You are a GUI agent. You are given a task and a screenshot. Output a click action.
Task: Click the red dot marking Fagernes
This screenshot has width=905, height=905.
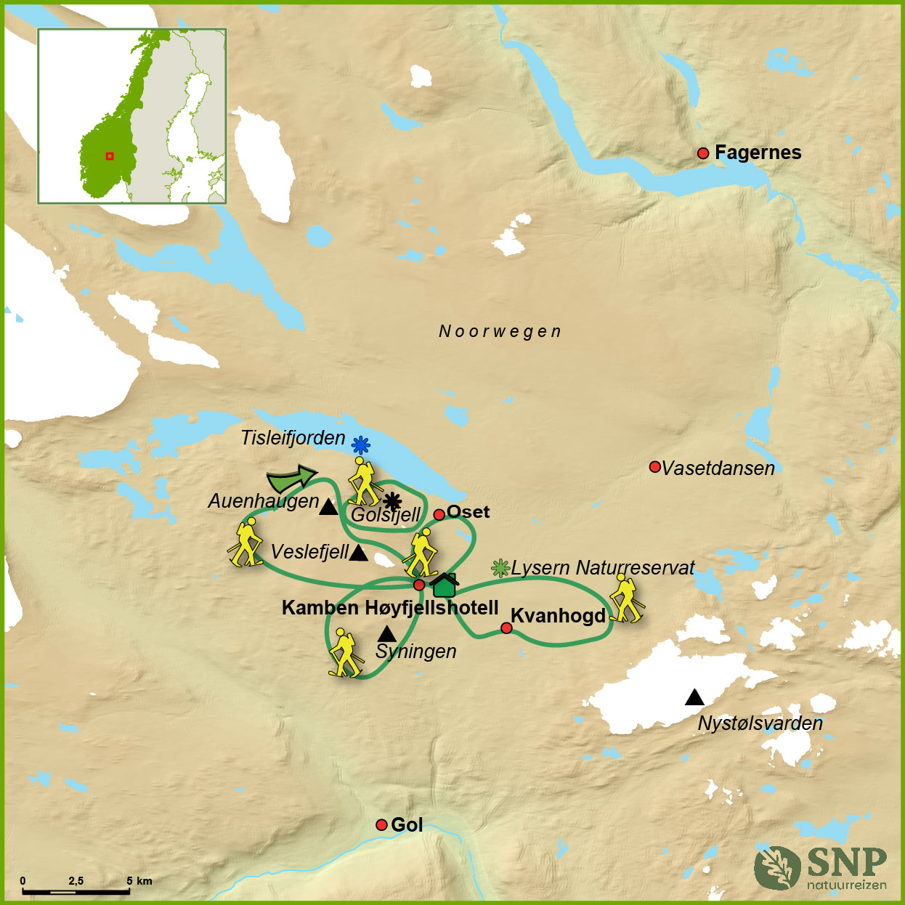pyautogui.click(x=702, y=153)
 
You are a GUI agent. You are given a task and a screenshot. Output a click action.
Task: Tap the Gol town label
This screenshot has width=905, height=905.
pyautogui.click(x=407, y=825)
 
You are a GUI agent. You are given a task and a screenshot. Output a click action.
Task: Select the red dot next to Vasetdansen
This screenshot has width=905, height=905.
pyautogui.click(x=654, y=467)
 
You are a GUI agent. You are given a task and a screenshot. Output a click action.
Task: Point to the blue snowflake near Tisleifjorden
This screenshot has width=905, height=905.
pyautogui.click(x=360, y=445)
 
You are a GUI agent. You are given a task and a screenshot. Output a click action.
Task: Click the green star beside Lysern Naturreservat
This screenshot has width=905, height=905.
pyautogui.click(x=500, y=568)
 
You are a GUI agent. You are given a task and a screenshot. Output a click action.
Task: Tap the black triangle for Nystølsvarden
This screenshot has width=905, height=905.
pyautogui.click(x=694, y=698)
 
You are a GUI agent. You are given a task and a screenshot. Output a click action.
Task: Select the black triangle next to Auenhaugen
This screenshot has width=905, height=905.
pyautogui.click(x=328, y=507)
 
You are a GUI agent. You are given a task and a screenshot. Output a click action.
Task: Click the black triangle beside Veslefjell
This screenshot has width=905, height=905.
pyautogui.click(x=358, y=553)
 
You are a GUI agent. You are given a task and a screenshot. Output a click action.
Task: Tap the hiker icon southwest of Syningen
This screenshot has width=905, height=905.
pyautogui.click(x=344, y=653)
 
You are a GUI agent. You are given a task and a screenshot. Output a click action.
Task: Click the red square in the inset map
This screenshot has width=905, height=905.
pyautogui.click(x=110, y=155)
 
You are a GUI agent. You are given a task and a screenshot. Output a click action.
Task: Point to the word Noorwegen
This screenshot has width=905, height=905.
pyautogui.click(x=500, y=332)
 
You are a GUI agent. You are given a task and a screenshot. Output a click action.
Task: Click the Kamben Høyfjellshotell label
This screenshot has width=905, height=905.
pyautogui.click(x=390, y=608)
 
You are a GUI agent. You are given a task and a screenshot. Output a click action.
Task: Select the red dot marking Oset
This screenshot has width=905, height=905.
pyautogui.click(x=439, y=515)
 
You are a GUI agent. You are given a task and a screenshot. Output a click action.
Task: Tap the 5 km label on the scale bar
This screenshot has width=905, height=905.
pyautogui.click(x=139, y=881)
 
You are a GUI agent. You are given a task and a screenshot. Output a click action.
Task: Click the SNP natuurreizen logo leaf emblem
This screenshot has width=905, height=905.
pyautogui.click(x=776, y=867)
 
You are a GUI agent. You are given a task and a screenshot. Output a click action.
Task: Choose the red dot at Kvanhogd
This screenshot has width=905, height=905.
pyautogui.click(x=506, y=628)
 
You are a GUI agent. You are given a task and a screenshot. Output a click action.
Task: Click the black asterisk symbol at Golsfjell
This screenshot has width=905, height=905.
pyautogui.click(x=392, y=500)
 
